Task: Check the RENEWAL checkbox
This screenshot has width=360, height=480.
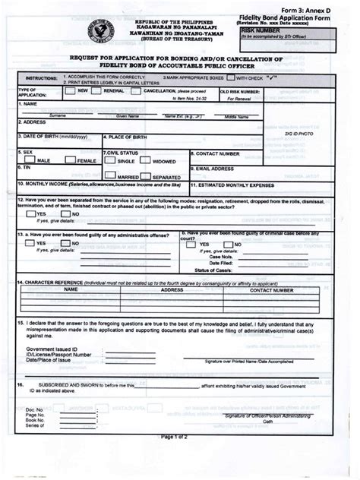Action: click(x=107, y=90)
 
